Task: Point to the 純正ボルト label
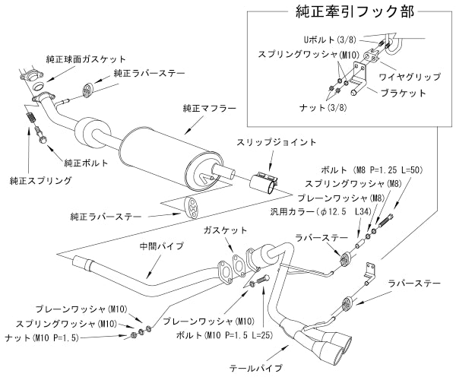85,163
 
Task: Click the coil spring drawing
31,119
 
